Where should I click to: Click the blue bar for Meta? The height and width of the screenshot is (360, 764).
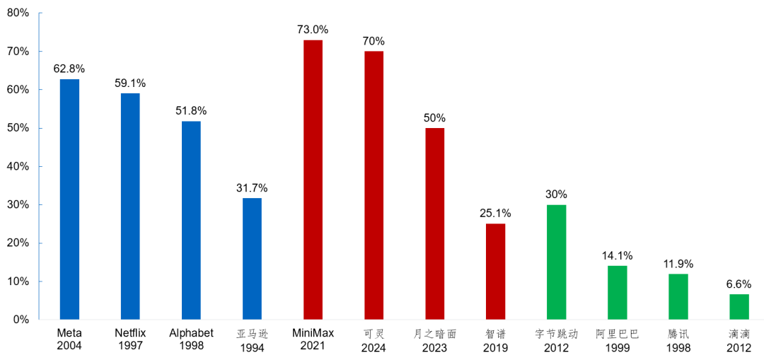click(x=69, y=199)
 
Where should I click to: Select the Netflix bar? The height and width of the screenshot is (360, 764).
click(x=130, y=207)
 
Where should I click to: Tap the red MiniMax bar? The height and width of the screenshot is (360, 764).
click(x=313, y=180)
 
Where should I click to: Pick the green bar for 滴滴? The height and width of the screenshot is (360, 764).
click(x=739, y=307)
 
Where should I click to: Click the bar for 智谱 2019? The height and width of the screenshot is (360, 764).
click(x=495, y=272)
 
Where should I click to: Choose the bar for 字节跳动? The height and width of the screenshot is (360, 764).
click(x=557, y=262)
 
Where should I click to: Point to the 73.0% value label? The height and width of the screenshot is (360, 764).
click(x=313, y=30)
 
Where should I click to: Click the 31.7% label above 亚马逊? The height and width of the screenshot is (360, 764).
click(x=252, y=187)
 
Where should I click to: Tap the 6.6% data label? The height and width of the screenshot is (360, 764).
click(x=739, y=284)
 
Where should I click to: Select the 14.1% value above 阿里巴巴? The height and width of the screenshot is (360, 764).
click(x=618, y=255)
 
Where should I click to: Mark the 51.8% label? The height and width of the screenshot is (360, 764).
click(x=191, y=110)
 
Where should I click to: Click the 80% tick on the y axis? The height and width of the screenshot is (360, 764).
click(x=18, y=13)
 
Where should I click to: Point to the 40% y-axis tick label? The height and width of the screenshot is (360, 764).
click(x=18, y=167)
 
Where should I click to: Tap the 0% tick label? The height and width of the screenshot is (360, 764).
click(x=21, y=320)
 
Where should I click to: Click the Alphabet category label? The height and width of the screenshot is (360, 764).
click(x=191, y=334)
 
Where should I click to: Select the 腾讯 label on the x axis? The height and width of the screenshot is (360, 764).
click(x=678, y=334)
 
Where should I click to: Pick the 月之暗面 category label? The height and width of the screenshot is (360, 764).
click(x=434, y=334)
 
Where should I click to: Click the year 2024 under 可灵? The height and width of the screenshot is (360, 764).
click(x=374, y=348)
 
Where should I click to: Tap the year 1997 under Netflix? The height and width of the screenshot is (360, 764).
click(x=130, y=347)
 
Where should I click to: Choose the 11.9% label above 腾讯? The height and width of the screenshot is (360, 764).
click(x=678, y=265)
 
